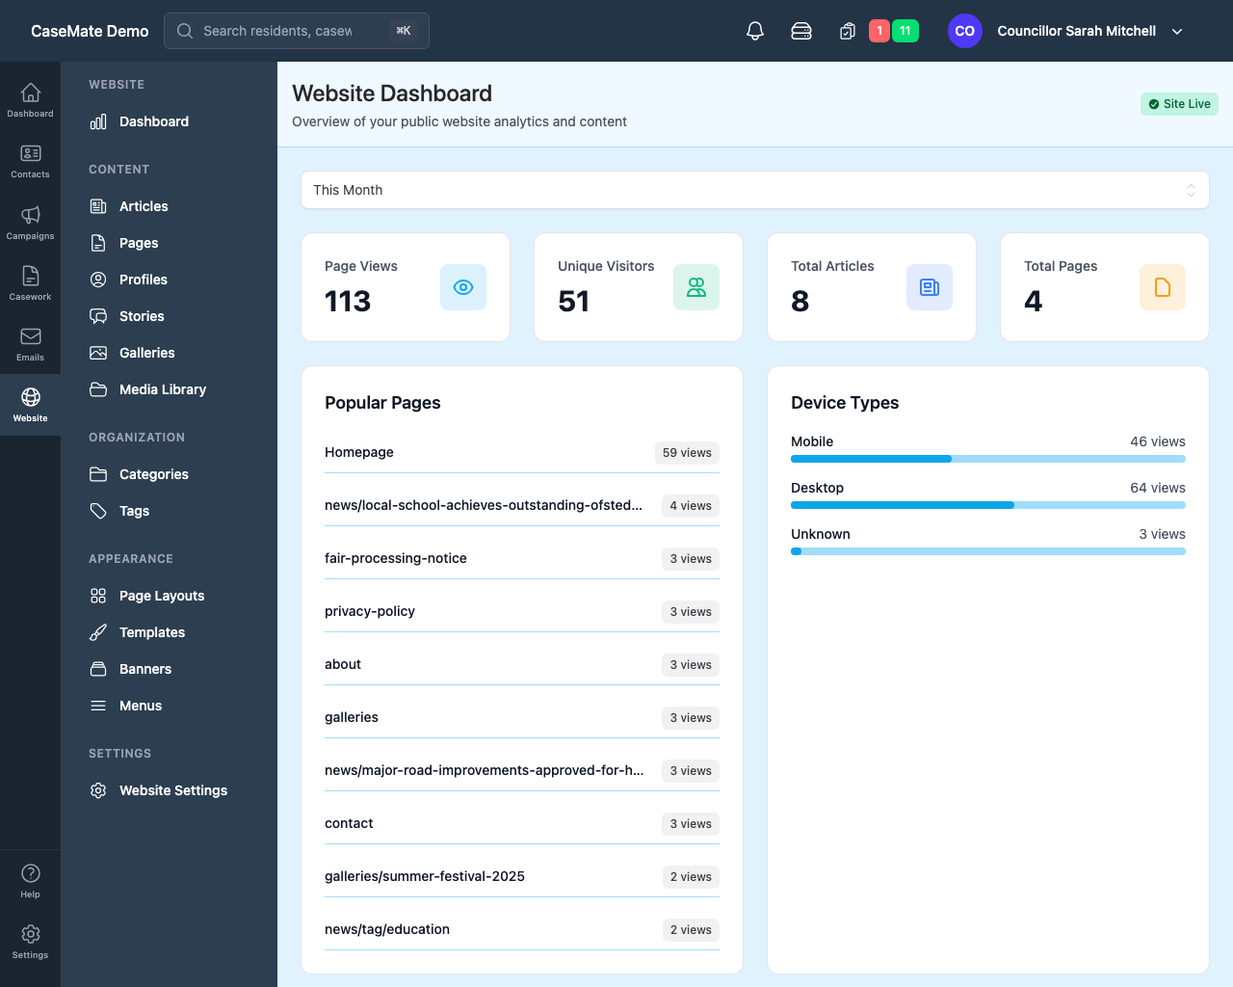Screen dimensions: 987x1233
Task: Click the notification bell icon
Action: click(x=755, y=31)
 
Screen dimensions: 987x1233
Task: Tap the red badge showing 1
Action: click(x=879, y=31)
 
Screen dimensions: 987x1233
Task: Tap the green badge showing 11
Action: click(x=905, y=31)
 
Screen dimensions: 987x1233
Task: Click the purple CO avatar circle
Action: click(x=964, y=31)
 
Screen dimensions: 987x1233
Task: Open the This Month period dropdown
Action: click(x=754, y=190)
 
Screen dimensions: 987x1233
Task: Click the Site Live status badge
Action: click(x=1179, y=104)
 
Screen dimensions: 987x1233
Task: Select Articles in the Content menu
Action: click(x=144, y=206)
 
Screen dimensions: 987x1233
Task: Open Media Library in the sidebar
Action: click(x=162, y=389)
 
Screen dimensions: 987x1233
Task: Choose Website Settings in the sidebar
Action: click(x=172, y=790)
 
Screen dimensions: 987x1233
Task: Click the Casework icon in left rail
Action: click(x=30, y=283)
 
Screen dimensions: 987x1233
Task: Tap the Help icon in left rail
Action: click(x=30, y=880)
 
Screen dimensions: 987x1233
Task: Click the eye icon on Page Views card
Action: click(x=463, y=287)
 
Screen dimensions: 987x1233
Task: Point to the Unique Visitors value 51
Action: click(x=573, y=302)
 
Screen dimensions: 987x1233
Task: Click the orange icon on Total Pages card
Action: click(x=1162, y=287)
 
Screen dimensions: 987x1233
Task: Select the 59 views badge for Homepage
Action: click(x=687, y=453)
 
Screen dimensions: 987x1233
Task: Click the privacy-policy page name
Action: click(x=370, y=611)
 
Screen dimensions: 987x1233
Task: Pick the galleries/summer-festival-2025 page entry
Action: click(x=425, y=876)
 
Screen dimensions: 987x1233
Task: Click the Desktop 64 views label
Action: click(x=1157, y=488)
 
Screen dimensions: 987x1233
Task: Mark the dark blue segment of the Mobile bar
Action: click(x=871, y=459)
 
